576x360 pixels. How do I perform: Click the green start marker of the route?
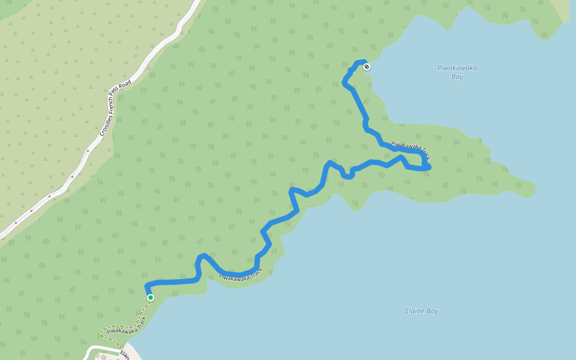(150, 297)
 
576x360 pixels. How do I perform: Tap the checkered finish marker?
(367, 67)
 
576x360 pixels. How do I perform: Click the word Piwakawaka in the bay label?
(457, 68)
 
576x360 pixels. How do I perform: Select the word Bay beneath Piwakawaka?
(457, 77)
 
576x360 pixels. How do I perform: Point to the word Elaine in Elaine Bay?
(415, 311)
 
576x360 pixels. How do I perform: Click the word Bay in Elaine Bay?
(432, 311)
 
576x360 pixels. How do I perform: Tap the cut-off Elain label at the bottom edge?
(124, 354)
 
